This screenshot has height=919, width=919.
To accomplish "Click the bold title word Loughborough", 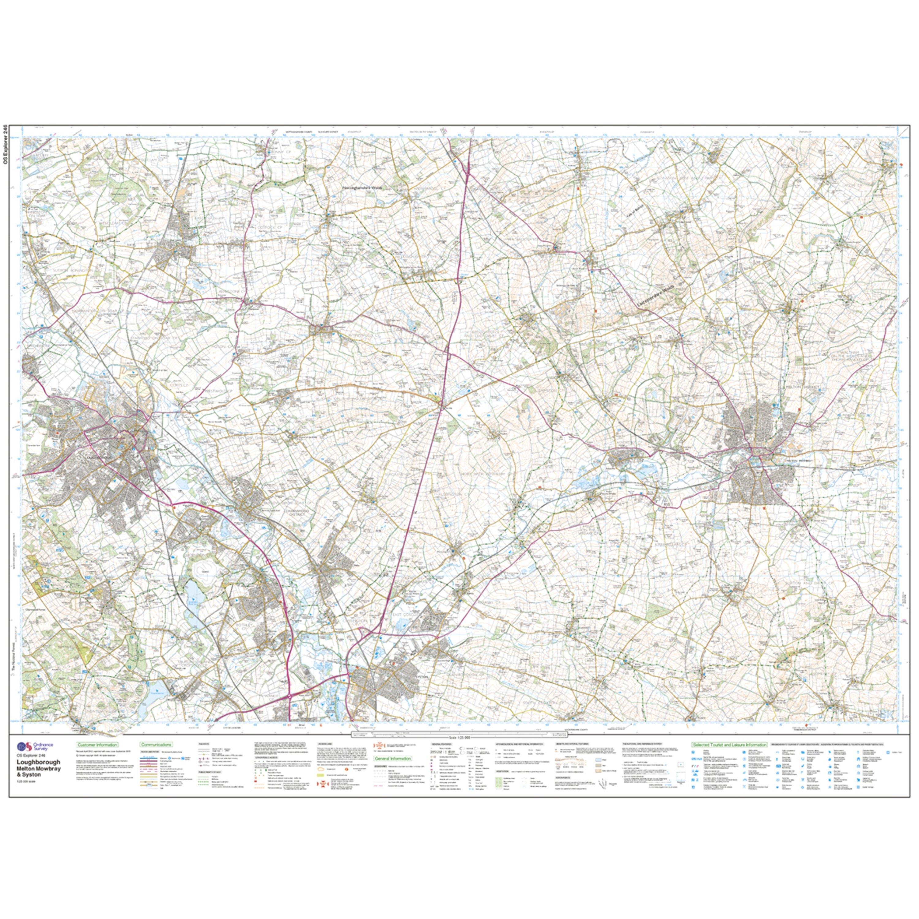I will coord(38,762).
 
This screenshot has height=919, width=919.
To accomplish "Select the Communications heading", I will coord(156,745).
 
